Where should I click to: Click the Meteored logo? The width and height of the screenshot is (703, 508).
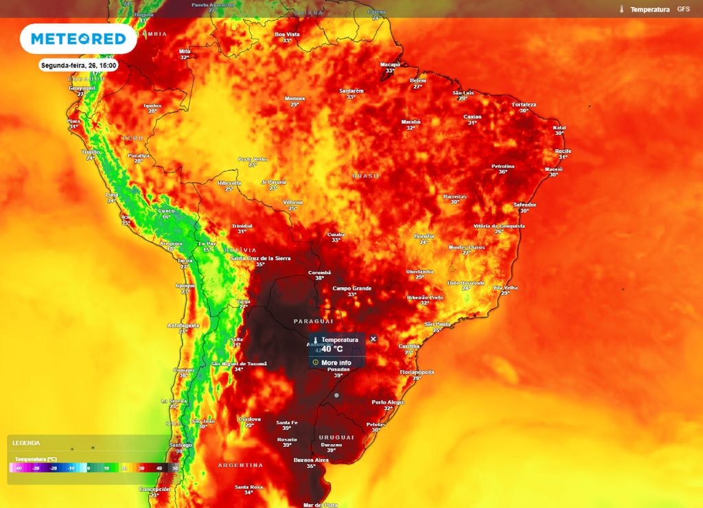[x=78, y=39]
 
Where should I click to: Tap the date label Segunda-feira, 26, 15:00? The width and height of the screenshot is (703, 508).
[x=79, y=65]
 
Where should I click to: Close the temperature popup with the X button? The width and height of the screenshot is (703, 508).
[x=373, y=339]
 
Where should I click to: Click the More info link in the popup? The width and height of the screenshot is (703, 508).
[x=336, y=362]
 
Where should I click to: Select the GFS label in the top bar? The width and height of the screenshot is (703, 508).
[x=683, y=10]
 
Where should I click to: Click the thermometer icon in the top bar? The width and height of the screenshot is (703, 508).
[x=621, y=10]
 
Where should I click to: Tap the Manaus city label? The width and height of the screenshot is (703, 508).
[x=295, y=98]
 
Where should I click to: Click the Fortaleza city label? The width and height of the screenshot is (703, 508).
[x=524, y=104]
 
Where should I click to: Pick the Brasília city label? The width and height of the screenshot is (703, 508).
[x=424, y=236]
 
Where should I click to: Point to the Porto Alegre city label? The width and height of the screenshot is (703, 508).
[x=388, y=402]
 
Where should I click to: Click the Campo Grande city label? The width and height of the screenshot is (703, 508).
[x=351, y=288]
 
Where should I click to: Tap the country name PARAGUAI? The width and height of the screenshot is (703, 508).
[x=313, y=321]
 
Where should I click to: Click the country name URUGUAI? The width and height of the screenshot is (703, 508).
[x=336, y=437]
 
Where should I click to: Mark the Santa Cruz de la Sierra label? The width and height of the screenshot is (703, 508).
[x=260, y=258]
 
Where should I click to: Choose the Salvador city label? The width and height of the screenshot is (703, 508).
[x=525, y=205]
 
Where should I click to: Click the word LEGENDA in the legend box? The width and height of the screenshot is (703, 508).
[x=26, y=443]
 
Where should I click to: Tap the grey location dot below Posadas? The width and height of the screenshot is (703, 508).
[x=336, y=395]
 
